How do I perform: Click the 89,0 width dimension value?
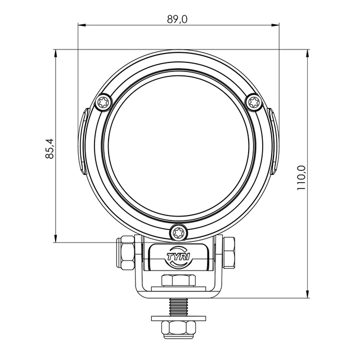click(x=177, y=19)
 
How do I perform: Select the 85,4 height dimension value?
click(x=49, y=148)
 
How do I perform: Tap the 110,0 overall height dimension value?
click(x=301, y=178)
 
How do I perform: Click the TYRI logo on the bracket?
click(x=179, y=256)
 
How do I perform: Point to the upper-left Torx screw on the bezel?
click(x=103, y=102)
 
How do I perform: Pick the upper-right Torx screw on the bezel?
click(x=254, y=102)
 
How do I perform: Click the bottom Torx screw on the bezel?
click(x=178, y=232)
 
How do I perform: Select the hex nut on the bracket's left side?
click(x=125, y=252)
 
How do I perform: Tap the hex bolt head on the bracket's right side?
click(x=229, y=252)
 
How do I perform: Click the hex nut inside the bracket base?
click(x=179, y=280)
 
